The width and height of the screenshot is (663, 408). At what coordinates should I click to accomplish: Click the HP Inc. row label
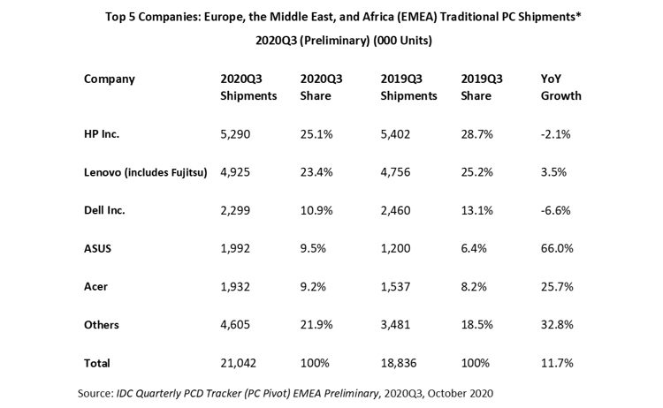[x=102, y=134]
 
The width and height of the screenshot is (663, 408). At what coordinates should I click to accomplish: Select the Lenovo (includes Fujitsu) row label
[x=146, y=172]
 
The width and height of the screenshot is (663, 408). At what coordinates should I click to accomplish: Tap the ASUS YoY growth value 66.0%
[x=557, y=248]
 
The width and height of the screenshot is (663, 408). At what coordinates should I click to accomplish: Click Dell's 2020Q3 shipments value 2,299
[x=235, y=210]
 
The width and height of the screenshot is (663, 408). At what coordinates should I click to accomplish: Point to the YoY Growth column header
[x=561, y=87]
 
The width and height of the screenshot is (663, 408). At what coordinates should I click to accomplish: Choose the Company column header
[x=109, y=79]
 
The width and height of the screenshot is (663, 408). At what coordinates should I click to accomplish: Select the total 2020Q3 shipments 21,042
[x=238, y=363]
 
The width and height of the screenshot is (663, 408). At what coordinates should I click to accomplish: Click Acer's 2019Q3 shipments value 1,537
[x=395, y=287]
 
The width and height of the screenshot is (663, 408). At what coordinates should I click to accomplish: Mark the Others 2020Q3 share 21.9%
[x=316, y=325]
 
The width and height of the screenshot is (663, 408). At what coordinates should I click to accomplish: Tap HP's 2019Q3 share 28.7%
[x=477, y=134]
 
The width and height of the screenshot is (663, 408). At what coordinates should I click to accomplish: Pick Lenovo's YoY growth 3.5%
[x=553, y=172]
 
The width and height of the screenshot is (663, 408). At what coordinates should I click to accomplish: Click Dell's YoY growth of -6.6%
[x=556, y=210]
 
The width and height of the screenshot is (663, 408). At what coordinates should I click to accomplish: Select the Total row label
[x=97, y=363]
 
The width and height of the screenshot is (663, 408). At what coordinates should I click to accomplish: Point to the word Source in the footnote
[x=95, y=394]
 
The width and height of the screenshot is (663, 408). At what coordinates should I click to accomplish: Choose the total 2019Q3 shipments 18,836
[x=399, y=363]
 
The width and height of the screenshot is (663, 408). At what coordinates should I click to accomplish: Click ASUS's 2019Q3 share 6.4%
[x=474, y=248]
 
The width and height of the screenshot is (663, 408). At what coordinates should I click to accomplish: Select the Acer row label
[x=95, y=287]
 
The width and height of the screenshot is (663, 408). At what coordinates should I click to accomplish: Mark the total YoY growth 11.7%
[x=557, y=363]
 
